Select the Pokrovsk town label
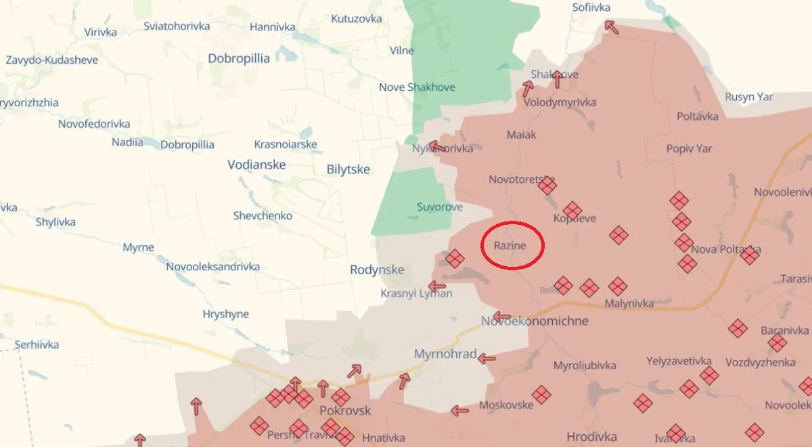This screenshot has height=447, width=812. pyautogui.click(x=345, y=410)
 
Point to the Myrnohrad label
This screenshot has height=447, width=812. pyautogui.click(x=445, y=354)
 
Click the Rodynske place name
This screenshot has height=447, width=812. pyautogui.click(x=377, y=270)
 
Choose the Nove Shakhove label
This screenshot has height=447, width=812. pyautogui.click(x=417, y=87)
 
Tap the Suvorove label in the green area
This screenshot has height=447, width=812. pyautogui.click(x=439, y=207)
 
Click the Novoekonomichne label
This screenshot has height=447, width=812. pyautogui.click(x=535, y=320)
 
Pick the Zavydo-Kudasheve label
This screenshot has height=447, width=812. pyautogui.click(x=52, y=60)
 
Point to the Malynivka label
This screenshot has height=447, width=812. pyautogui.click(x=629, y=303)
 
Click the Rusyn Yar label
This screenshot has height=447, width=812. pyautogui.click(x=748, y=96)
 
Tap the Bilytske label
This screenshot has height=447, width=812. pyautogui.click(x=348, y=169)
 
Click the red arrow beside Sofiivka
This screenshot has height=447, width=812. pyautogui.click(x=611, y=27)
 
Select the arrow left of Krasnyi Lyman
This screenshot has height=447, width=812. pyautogui.click(x=437, y=286)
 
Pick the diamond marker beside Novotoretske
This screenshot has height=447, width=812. pyautogui.click(x=547, y=185)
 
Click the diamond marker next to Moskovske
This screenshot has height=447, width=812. pyautogui.click(x=541, y=394)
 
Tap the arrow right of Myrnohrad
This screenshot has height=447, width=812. pyautogui.click(x=487, y=359)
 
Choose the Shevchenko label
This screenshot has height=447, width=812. pyautogui.click(x=263, y=215)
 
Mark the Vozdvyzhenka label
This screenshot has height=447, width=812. pyautogui.click(x=760, y=362)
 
